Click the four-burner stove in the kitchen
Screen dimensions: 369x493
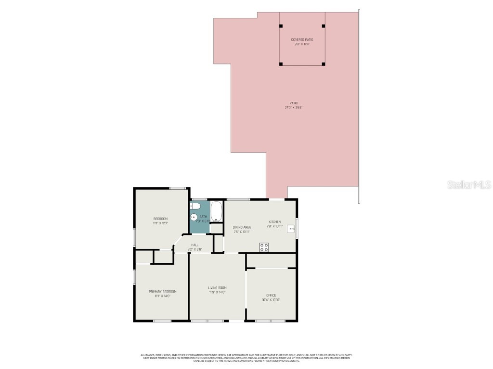click(x=264, y=247)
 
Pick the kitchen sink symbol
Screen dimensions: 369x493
click(x=291, y=229)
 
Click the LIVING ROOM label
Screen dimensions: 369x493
click(x=217, y=288)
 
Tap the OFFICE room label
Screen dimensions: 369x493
click(x=271, y=295)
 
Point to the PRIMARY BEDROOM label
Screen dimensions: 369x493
click(x=162, y=292)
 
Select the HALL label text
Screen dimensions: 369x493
click(x=195, y=245)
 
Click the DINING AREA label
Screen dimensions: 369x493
click(x=242, y=227)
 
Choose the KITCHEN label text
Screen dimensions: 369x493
click(x=274, y=222)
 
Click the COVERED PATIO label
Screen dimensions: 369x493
click(x=301, y=39)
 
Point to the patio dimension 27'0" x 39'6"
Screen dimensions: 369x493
click(x=293, y=108)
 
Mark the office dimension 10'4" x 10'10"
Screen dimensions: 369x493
click(x=271, y=300)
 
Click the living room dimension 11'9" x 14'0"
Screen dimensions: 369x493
click(x=217, y=292)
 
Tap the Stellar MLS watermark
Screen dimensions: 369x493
click(x=468, y=184)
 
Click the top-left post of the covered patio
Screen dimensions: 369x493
click(x=280, y=26)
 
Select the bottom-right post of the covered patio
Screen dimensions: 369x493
click(x=323, y=64)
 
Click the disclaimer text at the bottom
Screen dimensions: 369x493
click(x=246, y=358)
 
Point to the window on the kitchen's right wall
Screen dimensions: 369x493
click(x=297, y=228)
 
